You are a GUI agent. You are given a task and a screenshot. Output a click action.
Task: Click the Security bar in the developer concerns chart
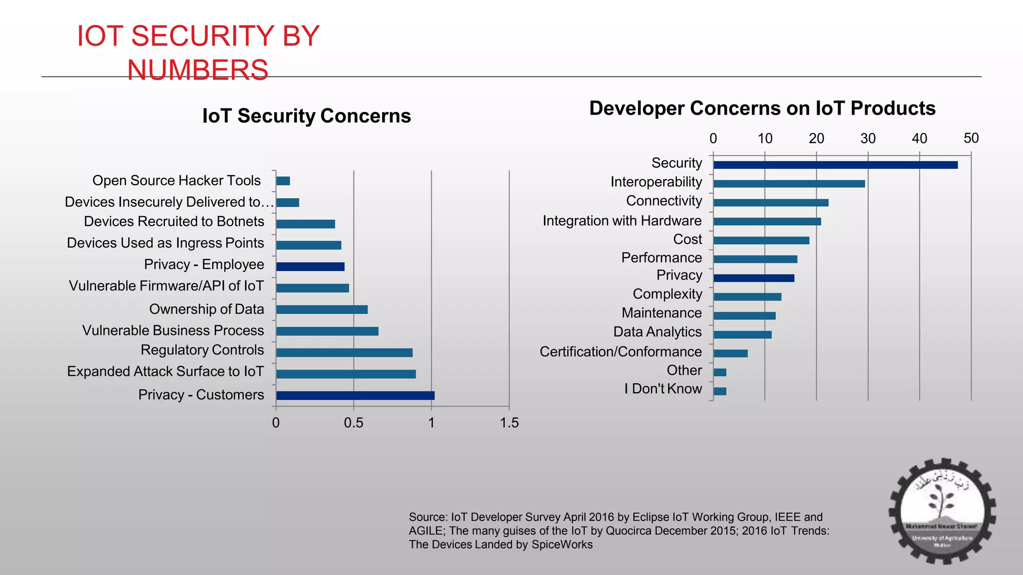pyautogui.click(x=835, y=165)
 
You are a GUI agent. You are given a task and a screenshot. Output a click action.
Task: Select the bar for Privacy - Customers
pyautogui.click(x=355, y=395)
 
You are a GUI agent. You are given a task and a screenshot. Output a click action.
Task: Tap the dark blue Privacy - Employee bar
pyautogui.click(x=310, y=267)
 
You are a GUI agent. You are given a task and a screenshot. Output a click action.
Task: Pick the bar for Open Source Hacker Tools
pyautogui.click(x=283, y=181)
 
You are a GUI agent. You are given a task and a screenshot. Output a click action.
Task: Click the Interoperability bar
pyautogui.click(x=789, y=184)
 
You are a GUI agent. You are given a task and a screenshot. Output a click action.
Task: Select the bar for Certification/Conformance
pyautogui.click(x=730, y=353)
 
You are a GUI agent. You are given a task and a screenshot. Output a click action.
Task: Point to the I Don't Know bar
pyautogui.click(x=720, y=391)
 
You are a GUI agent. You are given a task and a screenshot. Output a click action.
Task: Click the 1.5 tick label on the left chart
pyautogui.click(x=509, y=423)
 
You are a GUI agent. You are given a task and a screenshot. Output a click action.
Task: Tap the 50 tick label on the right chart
pyautogui.click(x=971, y=138)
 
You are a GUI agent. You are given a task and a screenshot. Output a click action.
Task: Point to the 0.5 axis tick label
pyautogui.click(x=353, y=423)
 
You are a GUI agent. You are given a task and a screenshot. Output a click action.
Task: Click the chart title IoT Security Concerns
pyautogui.click(x=306, y=116)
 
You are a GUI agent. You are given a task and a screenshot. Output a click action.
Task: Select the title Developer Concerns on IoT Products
pyautogui.click(x=762, y=108)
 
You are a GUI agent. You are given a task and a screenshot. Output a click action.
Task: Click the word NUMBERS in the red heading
pyautogui.click(x=198, y=70)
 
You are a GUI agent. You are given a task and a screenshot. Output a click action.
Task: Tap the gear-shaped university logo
pyautogui.click(x=942, y=511)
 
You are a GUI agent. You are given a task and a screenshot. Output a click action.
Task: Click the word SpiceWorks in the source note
pyautogui.click(x=562, y=545)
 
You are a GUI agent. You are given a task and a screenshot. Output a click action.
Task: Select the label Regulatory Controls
pyautogui.click(x=202, y=350)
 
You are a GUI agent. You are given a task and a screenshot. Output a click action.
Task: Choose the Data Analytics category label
pyautogui.click(x=657, y=332)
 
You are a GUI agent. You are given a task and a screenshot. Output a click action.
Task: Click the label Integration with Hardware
pyautogui.click(x=622, y=221)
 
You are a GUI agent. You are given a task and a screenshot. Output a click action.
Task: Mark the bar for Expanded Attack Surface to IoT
pyautogui.click(x=346, y=374)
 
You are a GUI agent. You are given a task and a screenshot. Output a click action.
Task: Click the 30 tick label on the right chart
pyautogui.click(x=868, y=138)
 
